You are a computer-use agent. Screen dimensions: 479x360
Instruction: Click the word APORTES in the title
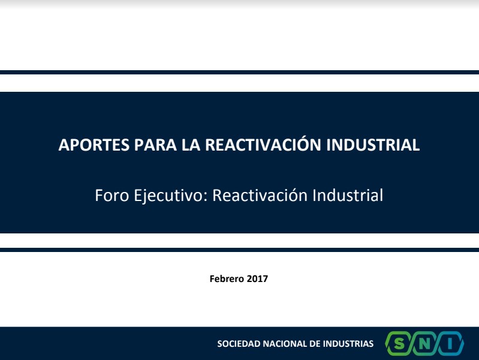(94, 145)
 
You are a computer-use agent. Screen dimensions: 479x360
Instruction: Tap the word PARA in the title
(155, 145)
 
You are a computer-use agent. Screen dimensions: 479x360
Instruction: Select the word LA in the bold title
(191, 145)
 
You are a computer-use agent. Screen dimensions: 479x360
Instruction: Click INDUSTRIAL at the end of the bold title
(373, 145)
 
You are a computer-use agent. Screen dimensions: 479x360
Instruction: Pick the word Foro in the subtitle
(112, 195)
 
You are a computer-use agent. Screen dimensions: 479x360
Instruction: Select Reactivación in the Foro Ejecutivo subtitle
(260, 195)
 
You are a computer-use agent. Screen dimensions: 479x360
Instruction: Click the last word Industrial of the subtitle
(348, 195)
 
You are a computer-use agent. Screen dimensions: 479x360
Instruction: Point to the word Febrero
(227, 278)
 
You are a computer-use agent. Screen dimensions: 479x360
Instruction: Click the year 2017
(257, 278)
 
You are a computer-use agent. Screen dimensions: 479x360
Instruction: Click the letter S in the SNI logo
(399, 344)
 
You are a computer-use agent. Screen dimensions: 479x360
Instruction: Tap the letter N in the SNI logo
(424, 344)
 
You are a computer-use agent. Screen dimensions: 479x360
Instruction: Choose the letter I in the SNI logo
(450, 344)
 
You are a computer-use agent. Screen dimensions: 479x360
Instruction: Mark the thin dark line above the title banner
(240, 72)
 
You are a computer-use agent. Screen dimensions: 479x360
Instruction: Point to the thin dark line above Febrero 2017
(240, 250)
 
